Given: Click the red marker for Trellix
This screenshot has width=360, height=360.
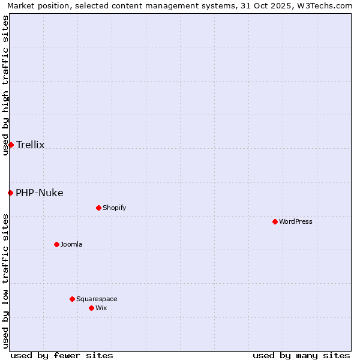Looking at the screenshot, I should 11,145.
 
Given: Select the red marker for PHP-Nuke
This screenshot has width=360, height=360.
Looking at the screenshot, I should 10,193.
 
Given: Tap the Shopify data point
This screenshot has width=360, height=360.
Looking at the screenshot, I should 98,208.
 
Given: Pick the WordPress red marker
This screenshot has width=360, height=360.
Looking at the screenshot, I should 275,221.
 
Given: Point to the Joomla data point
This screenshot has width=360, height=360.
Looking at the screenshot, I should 56,244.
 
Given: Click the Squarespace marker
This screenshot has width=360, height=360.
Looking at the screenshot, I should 72,299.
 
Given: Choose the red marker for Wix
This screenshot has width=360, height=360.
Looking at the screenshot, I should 91,308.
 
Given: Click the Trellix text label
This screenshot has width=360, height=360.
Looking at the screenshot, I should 30,145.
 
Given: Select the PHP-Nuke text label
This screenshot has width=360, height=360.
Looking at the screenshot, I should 40,193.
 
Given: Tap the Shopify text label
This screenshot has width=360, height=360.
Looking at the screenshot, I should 114,208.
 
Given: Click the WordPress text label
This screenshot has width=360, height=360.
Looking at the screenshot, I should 296,221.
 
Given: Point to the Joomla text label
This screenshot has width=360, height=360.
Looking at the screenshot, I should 71,244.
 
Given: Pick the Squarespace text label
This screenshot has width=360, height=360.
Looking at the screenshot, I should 97,299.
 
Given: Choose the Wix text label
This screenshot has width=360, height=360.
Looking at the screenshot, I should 101,308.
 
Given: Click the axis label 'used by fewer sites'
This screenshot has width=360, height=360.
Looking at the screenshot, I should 62,355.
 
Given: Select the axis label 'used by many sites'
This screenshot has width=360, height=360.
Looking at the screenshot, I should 301,355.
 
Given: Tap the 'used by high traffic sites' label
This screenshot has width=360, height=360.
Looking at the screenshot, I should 5,85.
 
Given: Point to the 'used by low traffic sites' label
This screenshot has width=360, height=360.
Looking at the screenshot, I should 5,281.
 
